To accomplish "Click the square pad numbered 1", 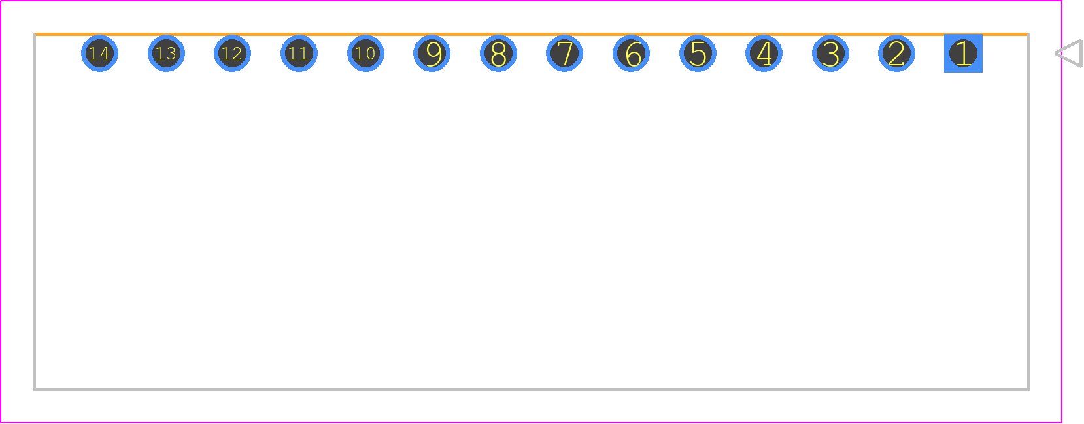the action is click(963, 53).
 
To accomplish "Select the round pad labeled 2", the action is click(897, 53).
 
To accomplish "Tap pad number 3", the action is click(830, 53).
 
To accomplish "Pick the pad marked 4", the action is click(764, 53).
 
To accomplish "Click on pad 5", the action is click(698, 53).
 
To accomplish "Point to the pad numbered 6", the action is click(631, 53).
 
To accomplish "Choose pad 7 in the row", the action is click(565, 53).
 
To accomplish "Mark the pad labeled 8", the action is click(498, 53).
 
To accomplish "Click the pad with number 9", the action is click(432, 53).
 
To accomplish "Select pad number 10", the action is click(366, 53).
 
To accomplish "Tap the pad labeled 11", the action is click(299, 53).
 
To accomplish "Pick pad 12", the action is click(232, 53).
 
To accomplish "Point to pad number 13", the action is click(167, 53).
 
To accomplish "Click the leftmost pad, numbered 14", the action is click(99, 53).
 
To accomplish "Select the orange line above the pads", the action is click(532, 35).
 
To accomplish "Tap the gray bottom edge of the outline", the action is click(532, 389).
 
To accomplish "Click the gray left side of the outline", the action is click(35, 212).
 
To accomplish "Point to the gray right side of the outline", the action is click(1028, 212).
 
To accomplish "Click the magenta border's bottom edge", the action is click(532, 423).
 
